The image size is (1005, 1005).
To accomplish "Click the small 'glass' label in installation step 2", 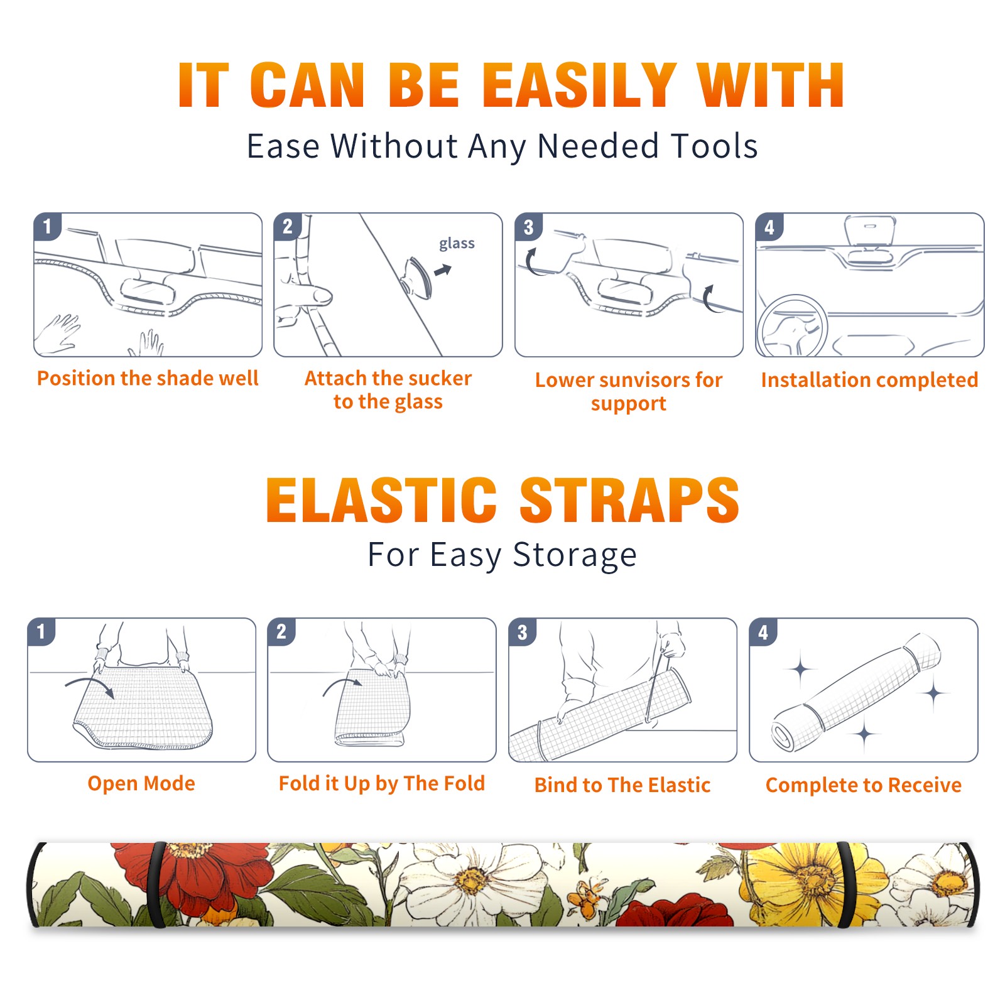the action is pos(457,244).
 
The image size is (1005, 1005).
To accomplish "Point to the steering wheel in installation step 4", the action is pos(791,327).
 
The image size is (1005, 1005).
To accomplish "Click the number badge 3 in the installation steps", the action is pos(528,227).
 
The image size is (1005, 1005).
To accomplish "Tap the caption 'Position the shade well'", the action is pos(148,378).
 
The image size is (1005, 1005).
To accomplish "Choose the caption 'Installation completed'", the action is pos(869,380).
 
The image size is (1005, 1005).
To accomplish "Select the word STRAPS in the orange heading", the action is pos(629,500).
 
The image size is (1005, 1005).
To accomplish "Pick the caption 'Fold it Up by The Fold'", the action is pos(382,784).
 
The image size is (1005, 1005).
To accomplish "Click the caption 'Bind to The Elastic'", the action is pos(622,785).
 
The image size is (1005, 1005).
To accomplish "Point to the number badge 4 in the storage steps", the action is pos(763,632).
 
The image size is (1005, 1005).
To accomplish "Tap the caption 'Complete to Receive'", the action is pos(864,785).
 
